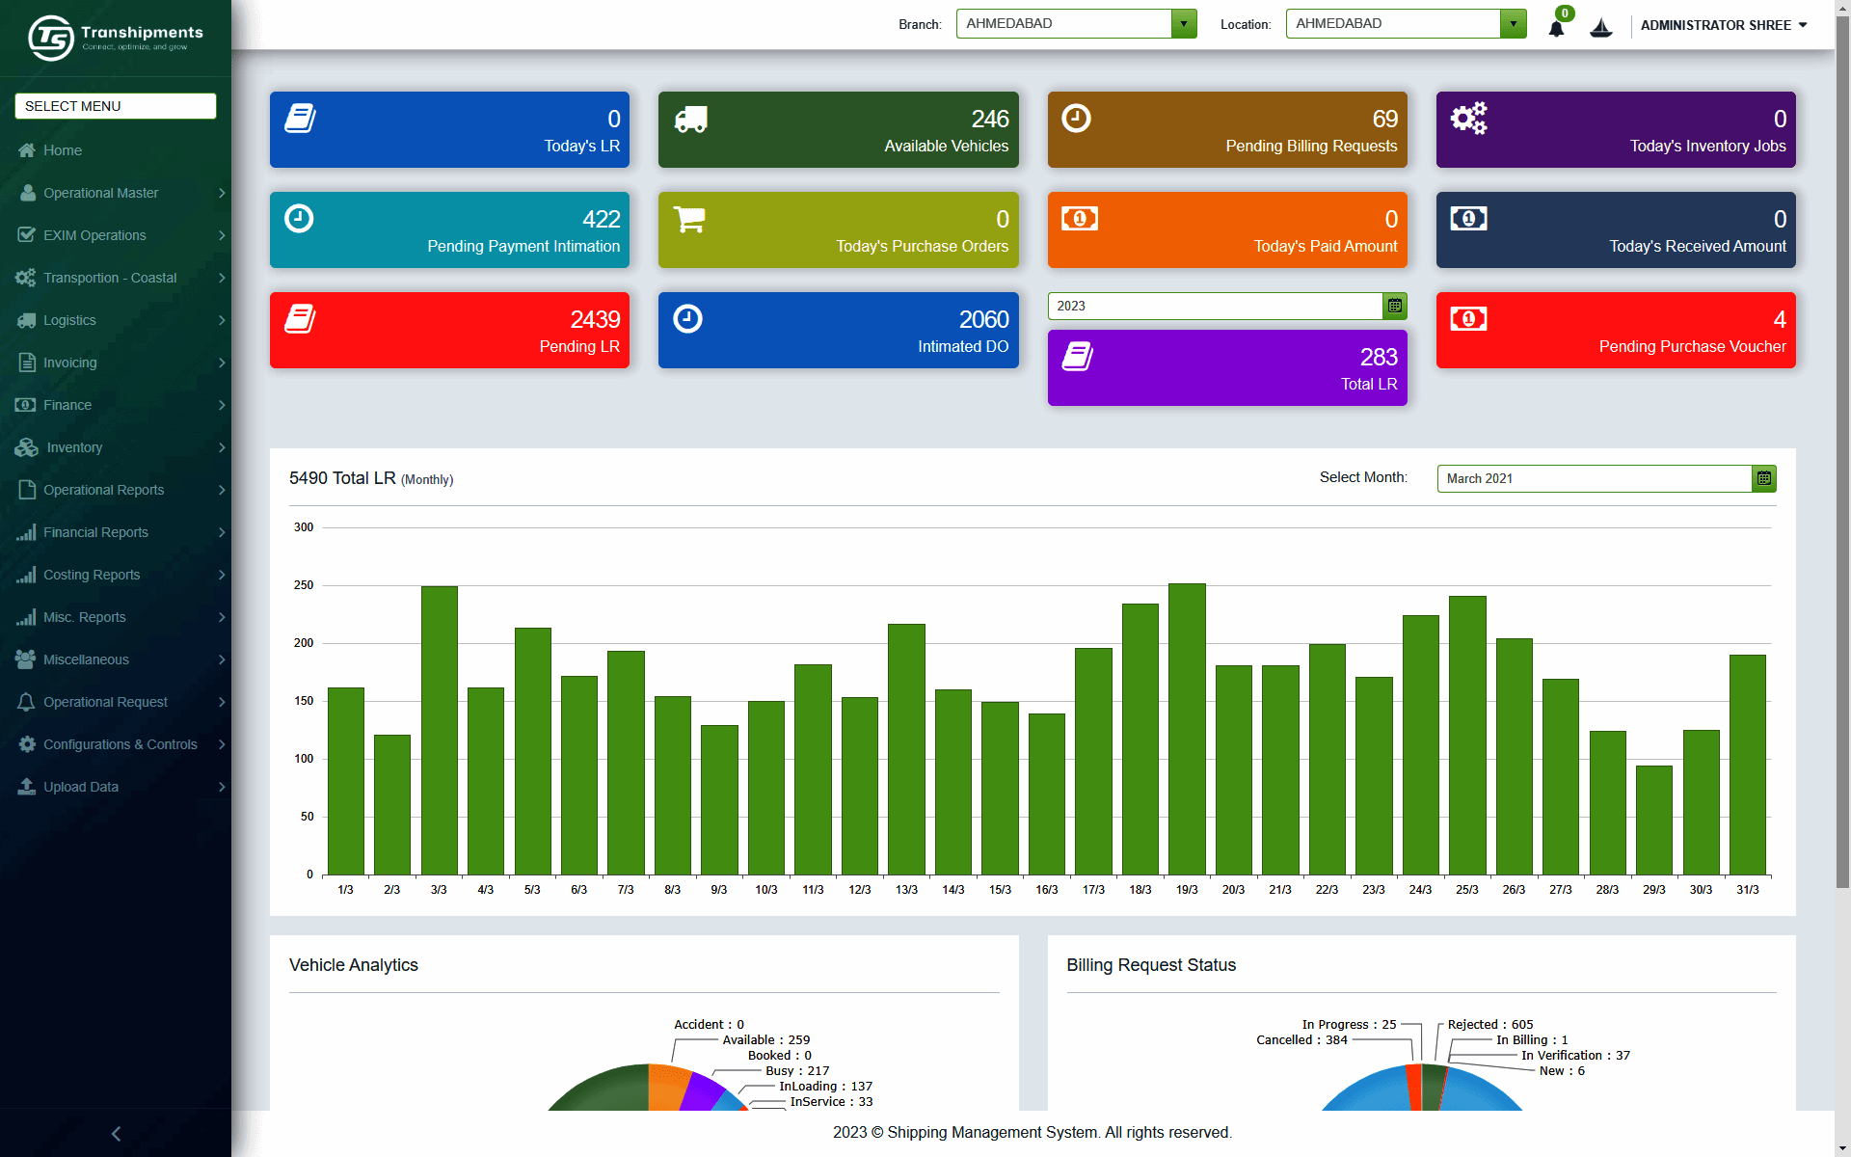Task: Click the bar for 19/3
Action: pyautogui.click(x=1187, y=729)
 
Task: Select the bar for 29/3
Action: pyautogui.click(x=1654, y=820)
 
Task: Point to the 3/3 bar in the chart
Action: pyautogui.click(x=439, y=730)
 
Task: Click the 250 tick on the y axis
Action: pyautogui.click(x=304, y=585)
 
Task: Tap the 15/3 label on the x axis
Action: pyautogui.click(x=1000, y=890)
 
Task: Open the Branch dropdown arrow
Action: pyautogui.click(x=1184, y=24)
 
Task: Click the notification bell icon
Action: pyautogui.click(x=1556, y=28)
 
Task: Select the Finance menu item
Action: pyautogui.click(x=67, y=405)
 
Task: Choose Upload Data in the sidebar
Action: pyautogui.click(x=81, y=787)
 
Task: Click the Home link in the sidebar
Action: pyautogui.click(x=63, y=150)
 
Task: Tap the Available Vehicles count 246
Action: pyautogui.click(x=990, y=119)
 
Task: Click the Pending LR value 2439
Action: pyautogui.click(x=595, y=319)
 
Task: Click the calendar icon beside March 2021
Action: pyautogui.click(x=1764, y=478)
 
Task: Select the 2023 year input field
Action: pyautogui.click(x=1215, y=306)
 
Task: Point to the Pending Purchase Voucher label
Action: pyautogui.click(x=1692, y=346)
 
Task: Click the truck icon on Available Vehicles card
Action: pyautogui.click(x=690, y=119)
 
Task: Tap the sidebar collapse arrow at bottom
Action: pyautogui.click(x=116, y=1134)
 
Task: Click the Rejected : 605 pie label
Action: pyautogui.click(x=1489, y=1025)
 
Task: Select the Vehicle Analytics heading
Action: pyautogui.click(x=354, y=965)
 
